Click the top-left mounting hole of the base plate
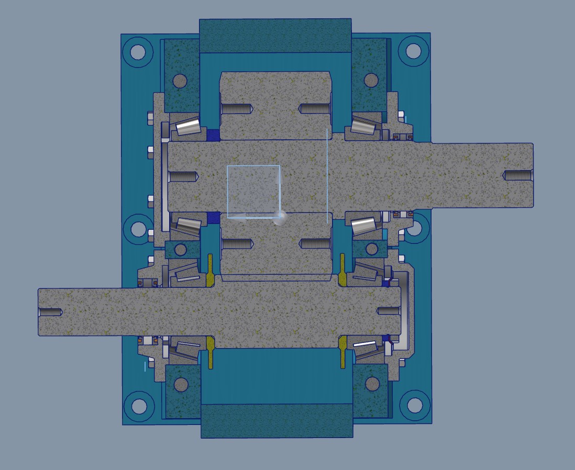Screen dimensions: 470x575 pos(138,52)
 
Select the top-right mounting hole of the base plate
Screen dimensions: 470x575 pos(413,51)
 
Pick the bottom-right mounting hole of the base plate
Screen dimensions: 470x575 pos(414,405)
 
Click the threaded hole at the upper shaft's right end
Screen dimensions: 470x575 pos(517,175)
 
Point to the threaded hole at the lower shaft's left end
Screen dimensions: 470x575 pos(50,312)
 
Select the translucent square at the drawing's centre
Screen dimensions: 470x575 pos(253,191)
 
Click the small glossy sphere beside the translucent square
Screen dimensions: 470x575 pos(280,218)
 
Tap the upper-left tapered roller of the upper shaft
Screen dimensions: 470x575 pos(188,127)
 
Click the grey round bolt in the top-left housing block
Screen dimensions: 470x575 pos(180,81)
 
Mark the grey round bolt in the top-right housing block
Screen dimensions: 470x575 pos(371,80)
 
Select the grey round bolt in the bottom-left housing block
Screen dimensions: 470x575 pos(180,385)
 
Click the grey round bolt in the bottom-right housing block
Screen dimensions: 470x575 pos(372,384)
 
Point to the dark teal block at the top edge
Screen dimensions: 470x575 pos(275,36)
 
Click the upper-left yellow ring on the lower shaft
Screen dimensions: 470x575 pos(211,271)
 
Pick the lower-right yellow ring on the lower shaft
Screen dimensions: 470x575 pos(342,352)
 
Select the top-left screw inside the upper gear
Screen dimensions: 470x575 pos(237,109)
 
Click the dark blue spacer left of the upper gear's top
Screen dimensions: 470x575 pos(212,135)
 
